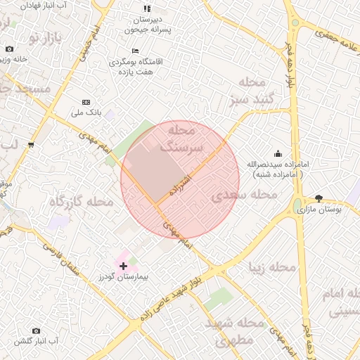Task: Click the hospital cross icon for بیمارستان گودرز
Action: point(124,266)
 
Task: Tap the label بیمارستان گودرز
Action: point(124,278)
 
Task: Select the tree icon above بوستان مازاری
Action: point(319,199)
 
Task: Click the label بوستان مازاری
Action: point(320,210)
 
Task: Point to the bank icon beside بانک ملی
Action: point(86,102)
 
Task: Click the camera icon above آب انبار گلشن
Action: point(37,330)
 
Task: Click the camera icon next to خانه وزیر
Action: point(9,49)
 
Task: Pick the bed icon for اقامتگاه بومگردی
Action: point(135,51)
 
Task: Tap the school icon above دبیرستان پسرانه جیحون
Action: point(146,8)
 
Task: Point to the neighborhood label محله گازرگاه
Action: point(81,202)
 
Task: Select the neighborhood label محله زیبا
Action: point(272,267)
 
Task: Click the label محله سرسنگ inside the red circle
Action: point(181,139)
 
